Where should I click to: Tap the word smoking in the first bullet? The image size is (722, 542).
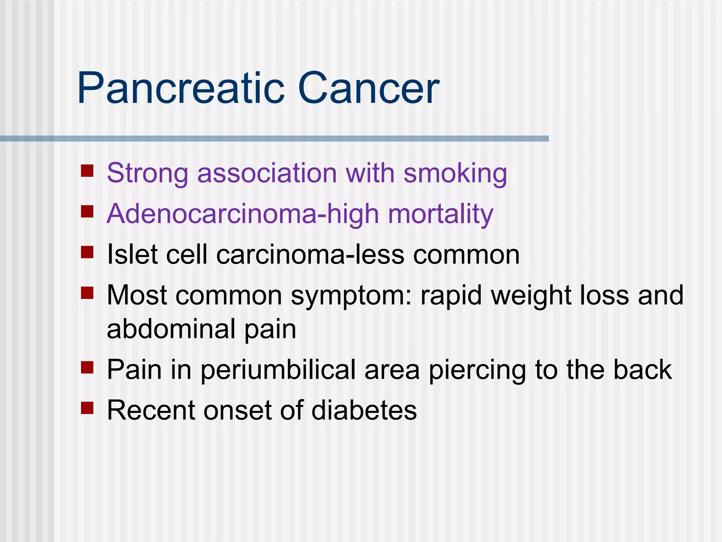click(x=455, y=174)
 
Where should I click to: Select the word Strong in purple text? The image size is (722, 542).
click(x=147, y=174)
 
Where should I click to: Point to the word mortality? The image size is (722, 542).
click(x=440, y=214)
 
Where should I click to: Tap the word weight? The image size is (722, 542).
click(x=531, y=295)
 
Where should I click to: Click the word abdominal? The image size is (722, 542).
click(x=171, y=329)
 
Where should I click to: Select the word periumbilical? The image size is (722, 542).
click(x=278, y=370)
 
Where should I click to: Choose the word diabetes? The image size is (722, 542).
click(x=364, y=410)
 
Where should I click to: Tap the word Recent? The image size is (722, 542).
click(x=151, y=410)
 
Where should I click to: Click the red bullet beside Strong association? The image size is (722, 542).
click(x=87, y=171)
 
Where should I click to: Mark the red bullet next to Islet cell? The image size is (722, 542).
click(x=87, y=252)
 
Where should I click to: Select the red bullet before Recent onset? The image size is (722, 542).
click(x=87, y=408)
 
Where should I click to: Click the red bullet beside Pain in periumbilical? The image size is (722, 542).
click(x=87, y=367)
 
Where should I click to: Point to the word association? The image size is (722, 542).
click(x=267, y=174)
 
